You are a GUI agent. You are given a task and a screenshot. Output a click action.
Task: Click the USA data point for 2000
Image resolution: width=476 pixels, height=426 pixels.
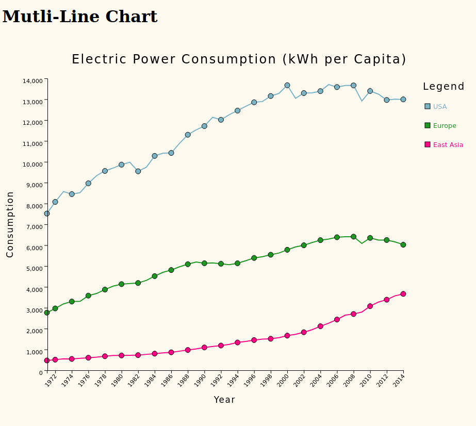click(287, 85)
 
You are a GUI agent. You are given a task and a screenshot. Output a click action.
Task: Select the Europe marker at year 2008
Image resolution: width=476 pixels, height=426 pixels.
click(353, 237)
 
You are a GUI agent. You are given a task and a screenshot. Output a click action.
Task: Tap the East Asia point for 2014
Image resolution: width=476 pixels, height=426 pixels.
click(403, 294)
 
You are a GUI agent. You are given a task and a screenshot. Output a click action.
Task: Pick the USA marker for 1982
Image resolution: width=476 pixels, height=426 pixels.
click(138, 171)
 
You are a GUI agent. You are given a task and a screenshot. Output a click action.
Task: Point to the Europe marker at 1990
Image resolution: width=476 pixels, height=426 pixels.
click(204, 263)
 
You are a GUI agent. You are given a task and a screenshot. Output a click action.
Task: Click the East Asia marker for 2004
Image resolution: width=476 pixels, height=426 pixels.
click(320, 326)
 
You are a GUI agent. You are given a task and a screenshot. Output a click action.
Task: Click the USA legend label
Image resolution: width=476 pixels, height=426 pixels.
click(440, 107)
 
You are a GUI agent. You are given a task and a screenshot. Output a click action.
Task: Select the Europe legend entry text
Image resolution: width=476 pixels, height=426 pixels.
click(445, 126)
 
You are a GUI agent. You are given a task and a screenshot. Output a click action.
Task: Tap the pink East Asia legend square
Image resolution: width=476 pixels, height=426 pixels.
click(428, 145)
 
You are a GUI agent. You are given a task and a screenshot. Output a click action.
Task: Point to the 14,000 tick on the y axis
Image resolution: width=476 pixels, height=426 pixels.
click(32, 81)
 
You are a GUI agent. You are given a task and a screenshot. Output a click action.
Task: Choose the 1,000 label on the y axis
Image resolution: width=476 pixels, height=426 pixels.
click(34, 352)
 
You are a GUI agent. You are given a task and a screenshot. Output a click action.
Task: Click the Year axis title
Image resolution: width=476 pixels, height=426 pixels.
click(224, 400)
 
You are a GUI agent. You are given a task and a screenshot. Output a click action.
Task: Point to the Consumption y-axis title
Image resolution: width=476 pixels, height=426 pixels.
click(10, 224)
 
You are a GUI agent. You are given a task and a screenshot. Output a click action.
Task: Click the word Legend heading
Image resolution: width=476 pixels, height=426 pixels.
click(444, 87)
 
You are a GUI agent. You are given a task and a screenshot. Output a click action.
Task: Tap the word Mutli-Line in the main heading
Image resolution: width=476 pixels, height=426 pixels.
click(51, 17)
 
